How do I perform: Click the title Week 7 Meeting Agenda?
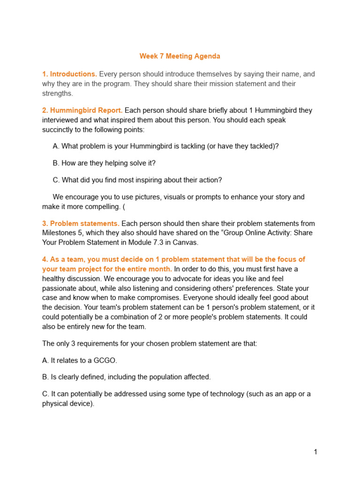[x=180, y=56]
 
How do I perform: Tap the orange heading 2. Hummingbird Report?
[x=82, y=110]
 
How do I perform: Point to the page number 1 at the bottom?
[x=315, y=452]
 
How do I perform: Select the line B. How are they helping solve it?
[x=104, y=163]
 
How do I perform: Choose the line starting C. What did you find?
[x=137, y=180]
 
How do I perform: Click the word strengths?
[x=58, y=93]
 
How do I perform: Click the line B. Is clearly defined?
[x=127, y=377]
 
